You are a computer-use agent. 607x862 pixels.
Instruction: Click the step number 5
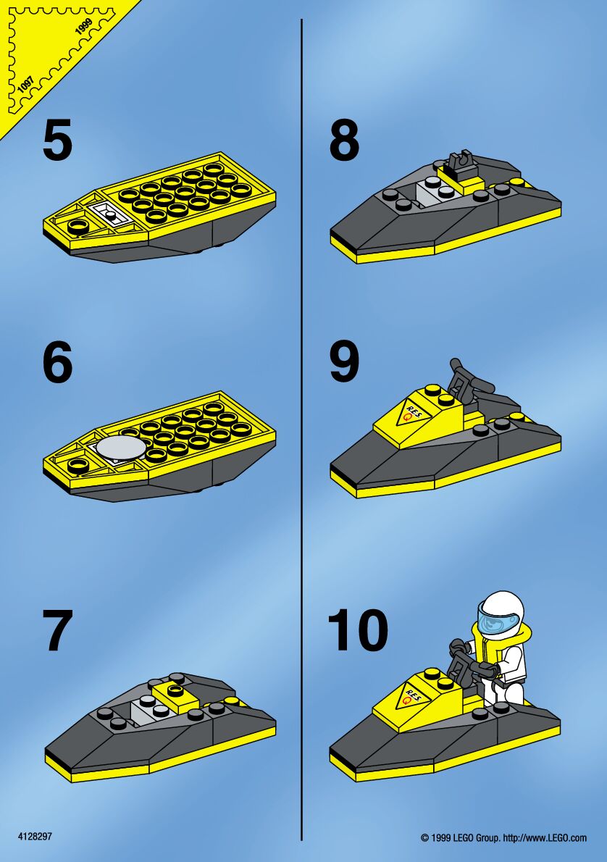pos(57,141)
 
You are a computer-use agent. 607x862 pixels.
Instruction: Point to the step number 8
pos(344,141)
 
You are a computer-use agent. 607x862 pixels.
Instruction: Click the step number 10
pos(357,630)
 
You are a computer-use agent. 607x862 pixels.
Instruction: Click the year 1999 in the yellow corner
pos(83,26)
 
